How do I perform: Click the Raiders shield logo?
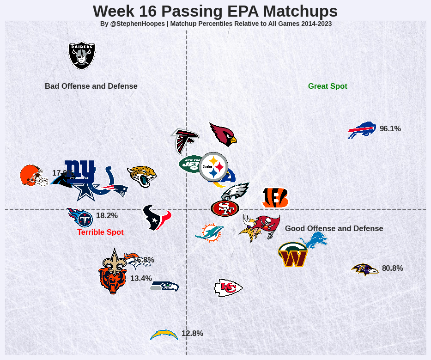tap(82, 55)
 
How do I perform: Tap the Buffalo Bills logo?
tap(362, 130)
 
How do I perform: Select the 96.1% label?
tap(390, 129)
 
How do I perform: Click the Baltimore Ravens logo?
tap(365, 269)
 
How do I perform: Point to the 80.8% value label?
tap(392, 268)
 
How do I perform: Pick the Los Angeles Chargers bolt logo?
tap(164, 335)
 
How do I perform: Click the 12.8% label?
tap(192, 334)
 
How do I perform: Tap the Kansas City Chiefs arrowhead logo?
tap(228, 288)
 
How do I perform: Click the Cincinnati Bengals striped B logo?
tap(275, 198)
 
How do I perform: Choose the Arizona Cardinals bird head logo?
tap(223, 134)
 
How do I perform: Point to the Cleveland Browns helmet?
tap(32, 176)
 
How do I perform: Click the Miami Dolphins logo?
tap(209, 232)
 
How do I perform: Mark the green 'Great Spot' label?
tap(328, 86)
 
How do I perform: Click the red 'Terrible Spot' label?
tap(100, 232)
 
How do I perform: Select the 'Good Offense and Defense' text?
tap(334, 229)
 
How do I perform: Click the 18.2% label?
tap(107, 216)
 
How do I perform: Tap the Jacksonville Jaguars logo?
tap(142, 176)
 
